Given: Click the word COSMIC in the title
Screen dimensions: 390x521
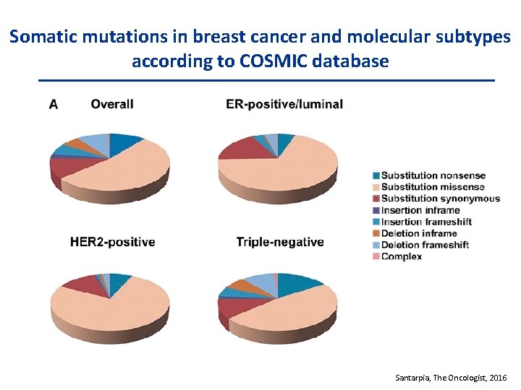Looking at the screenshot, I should tap(260, 61).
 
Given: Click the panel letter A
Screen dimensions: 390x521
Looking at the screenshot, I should tap(54, 105).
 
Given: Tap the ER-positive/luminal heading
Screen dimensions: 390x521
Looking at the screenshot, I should tap(284, 104).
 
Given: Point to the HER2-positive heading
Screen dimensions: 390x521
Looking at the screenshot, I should tap(112, 241).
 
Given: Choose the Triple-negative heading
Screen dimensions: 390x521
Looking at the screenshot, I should tap(280, 241).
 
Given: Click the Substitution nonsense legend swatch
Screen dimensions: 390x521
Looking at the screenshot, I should tap(376, 175).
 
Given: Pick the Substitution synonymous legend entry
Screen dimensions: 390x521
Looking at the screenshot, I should tap(440, 199).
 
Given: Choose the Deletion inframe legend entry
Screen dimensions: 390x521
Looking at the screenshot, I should tap(419, 233).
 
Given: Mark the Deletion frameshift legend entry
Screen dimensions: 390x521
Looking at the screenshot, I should tap(425, 245).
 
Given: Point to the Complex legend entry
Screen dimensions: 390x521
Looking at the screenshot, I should tap(401, 256).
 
